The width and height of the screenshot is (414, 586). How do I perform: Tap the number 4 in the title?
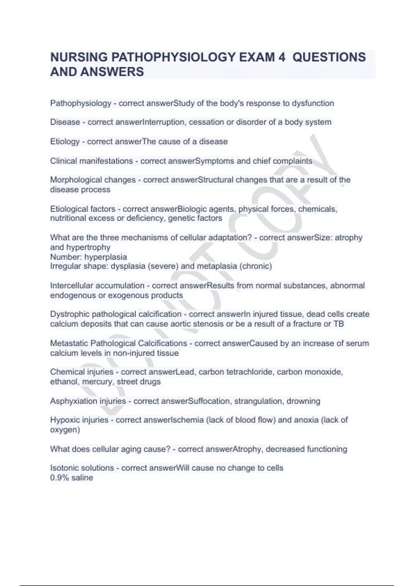coord(281,57)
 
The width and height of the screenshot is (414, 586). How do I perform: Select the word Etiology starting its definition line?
coord(65,142)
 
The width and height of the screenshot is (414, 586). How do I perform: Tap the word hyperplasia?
coord(106,257)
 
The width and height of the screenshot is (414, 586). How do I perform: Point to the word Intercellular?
coord(73,286)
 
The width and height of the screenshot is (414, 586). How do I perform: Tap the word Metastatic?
coord(69,343)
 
